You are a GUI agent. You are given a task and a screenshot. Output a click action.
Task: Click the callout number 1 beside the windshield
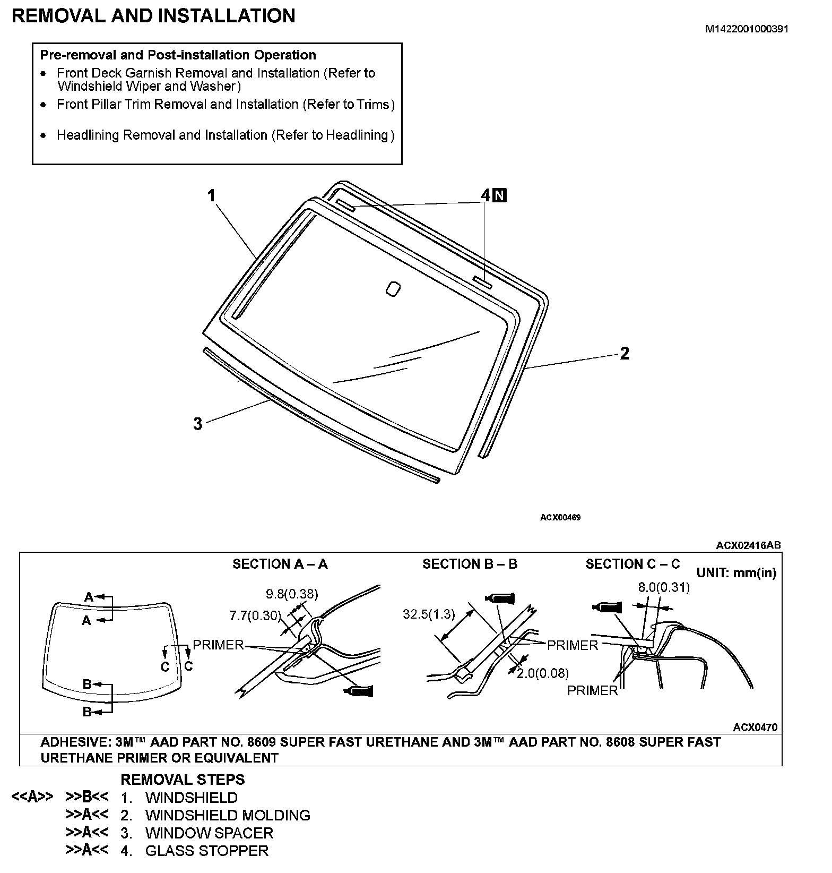click(211, 196)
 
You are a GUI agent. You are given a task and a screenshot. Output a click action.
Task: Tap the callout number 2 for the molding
click(625, 353)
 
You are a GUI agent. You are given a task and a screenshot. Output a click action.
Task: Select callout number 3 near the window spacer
click(197, 424)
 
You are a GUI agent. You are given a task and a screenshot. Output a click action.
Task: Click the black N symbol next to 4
click(500, 195)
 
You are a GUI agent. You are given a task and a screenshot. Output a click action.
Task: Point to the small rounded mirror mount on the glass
click(393, 289)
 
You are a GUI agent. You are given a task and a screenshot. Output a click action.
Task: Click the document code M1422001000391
click(747, 29)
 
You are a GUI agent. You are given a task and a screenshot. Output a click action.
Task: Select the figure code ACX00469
click(560, 517)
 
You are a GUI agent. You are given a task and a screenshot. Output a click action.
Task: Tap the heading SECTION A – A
click(280, 564)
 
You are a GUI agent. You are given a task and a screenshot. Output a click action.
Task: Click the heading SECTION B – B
click(470, 564)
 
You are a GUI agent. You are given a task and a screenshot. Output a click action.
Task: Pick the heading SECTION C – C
click(632, 564)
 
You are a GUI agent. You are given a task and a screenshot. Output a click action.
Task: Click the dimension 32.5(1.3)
click(429, 614)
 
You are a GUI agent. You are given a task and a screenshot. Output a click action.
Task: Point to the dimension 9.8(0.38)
click(292, 594)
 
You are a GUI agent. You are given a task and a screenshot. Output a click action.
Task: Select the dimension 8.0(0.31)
click(664, 587)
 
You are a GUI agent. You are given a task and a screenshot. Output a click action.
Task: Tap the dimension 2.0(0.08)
click(542, 673)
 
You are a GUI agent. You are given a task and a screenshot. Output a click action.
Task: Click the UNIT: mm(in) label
click(736, 573)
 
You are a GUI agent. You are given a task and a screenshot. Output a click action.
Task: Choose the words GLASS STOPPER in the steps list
click(207, 851)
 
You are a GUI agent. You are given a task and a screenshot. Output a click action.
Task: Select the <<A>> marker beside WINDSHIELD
click(32, 797)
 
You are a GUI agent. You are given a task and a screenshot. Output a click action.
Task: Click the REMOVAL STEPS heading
click(183, 780)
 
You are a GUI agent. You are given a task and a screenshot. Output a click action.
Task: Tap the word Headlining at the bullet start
click(88, 135)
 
